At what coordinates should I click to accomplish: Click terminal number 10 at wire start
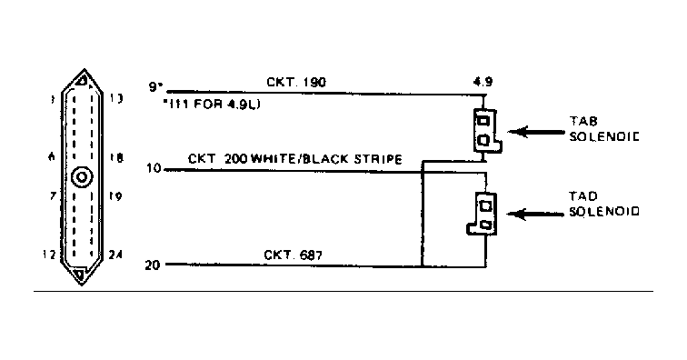click(x=154, y=168)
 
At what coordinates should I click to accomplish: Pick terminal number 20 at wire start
click(x=154, y=265)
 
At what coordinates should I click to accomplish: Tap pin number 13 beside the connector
click(x=117, y=98)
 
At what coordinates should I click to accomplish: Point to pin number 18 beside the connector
click(x=117, y=157)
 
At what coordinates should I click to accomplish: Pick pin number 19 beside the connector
click(x=117, y=196)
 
